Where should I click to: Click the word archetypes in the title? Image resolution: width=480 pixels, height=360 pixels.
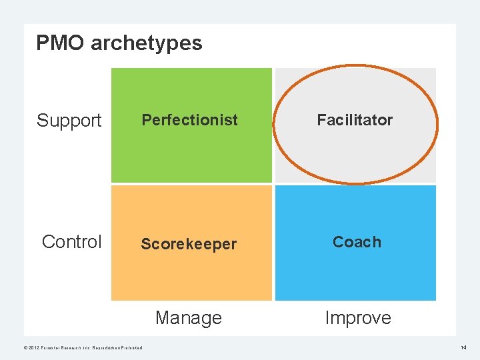click(x=146, y=44)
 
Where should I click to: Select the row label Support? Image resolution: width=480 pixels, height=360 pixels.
click(x=69, y=121)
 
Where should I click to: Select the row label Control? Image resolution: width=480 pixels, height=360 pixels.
click(x=71, y=241)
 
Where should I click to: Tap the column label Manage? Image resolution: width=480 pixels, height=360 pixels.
click(x=188, y=318)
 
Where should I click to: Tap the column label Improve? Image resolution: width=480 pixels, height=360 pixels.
click(x=357, y=318)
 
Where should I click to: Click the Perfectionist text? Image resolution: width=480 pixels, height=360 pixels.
click(x=189, y=120)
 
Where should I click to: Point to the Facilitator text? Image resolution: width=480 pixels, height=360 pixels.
click(x=355, y=120)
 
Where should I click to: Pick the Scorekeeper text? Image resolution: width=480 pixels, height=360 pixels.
click(x=189, y=244)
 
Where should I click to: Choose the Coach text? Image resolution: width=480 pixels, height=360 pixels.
click(x=357, y=242)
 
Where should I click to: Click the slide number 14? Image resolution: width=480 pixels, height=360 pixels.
click(x=463, y=347)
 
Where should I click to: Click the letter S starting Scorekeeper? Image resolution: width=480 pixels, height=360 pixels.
click(x=145, y=244)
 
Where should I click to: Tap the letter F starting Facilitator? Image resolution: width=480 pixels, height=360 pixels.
click(x=321, y=120)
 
